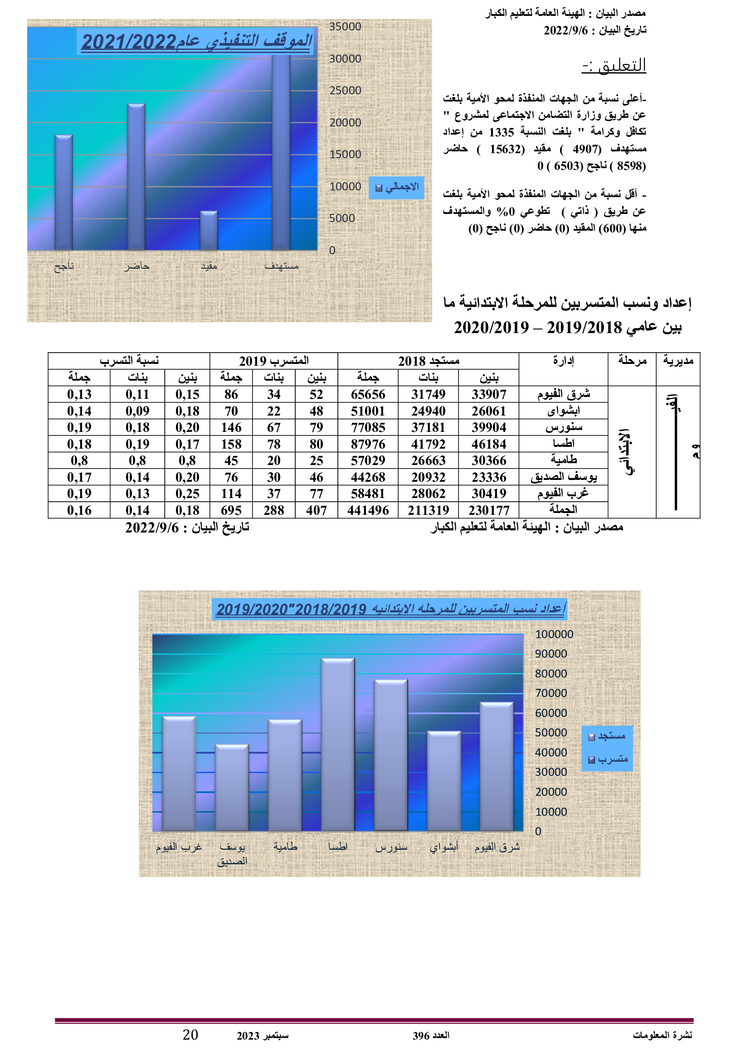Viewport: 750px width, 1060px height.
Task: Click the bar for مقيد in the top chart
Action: click(x=209, y=231)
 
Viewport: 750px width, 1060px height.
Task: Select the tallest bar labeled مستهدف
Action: click(x=281, y=152)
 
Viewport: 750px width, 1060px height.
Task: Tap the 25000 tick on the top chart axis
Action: click(x=345, y=91)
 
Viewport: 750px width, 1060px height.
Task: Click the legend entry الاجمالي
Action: click(x=397, y=188)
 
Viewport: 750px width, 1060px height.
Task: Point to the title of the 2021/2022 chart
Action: click(x=196, y=42)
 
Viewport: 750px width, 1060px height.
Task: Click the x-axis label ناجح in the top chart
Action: click(x=64, y=266)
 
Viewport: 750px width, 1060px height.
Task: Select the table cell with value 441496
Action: click(x=368, y=510)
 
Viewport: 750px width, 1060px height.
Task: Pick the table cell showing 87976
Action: click(x=368, y=444)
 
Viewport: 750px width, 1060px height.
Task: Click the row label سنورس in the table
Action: click(x=564, y=427)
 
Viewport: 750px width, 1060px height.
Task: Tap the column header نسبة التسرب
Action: click(x=129, y=361)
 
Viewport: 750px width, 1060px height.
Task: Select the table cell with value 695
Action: click(x=231, y=510)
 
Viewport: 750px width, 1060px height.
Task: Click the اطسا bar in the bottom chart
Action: click(x=338, y=744)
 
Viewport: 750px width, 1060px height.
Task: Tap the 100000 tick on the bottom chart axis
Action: click(x=554, y=634)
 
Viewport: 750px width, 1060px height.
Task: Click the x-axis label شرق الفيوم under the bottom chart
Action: click(x=497, y=847)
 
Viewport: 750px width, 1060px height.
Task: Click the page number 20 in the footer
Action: click(x=190, y=1035)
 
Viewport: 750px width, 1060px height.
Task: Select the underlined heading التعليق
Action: click(x=614, y=66)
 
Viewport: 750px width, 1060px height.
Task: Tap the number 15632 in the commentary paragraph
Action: click(x=506, y=149)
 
